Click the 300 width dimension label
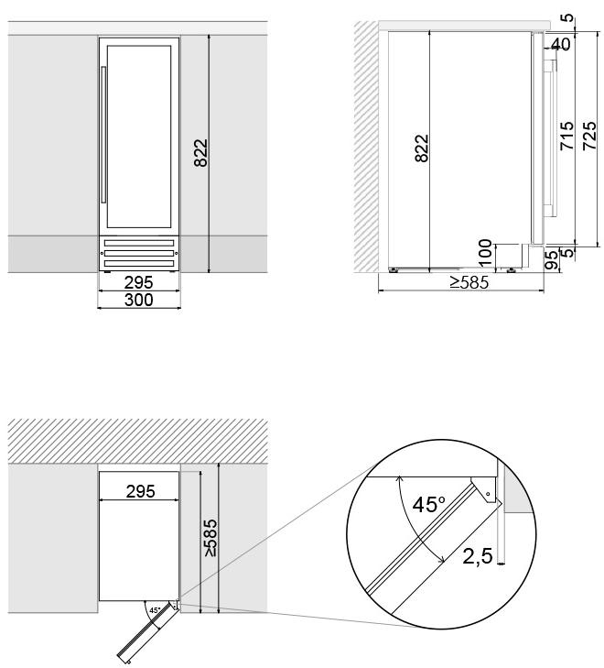point(139,300)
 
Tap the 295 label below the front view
point(139,282)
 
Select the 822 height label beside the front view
point(200,153)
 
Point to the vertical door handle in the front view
point(102,134)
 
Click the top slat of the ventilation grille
point(139,243)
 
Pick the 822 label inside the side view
point(422,148)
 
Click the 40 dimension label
point(561,44)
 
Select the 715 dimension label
point(567,136)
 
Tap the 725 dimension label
point(589,136)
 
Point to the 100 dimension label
point(485,253)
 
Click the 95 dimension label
point(551,261)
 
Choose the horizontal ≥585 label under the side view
point(469,282)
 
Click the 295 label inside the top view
point(140,492)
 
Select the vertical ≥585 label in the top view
point(210,537)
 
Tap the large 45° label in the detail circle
point(429,505)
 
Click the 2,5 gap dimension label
point(478,556)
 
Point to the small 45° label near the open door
point(155,610)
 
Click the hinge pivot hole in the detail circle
point(489,494)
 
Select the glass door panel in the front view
point(139,137)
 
